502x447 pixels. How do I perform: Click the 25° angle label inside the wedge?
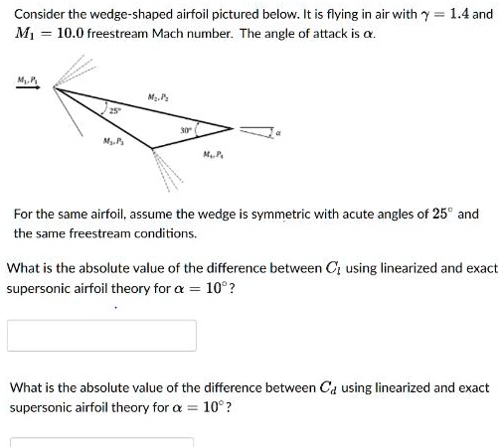[113, 110]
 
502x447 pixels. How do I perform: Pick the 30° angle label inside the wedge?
[185, 128]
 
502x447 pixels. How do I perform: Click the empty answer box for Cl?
[102, 336]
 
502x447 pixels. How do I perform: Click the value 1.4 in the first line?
[455, 16]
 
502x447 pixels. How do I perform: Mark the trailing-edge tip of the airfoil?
[235, 128]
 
